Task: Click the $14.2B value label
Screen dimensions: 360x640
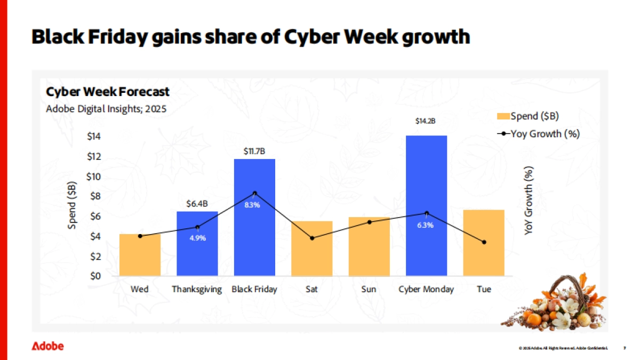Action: pos(426,121)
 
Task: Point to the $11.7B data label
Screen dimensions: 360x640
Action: pos(254,151)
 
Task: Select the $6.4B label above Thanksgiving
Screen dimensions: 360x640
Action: pos(197,204)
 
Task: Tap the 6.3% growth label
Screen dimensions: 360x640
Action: pos(425,225)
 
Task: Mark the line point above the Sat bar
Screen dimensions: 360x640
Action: pos(312,238)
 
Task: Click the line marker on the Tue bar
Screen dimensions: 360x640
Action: pos(484,242)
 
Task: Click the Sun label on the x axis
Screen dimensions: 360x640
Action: pos(369,290)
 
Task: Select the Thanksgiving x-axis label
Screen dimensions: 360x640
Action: pos(197,290)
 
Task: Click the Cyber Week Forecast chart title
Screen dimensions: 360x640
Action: pos(108,92)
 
